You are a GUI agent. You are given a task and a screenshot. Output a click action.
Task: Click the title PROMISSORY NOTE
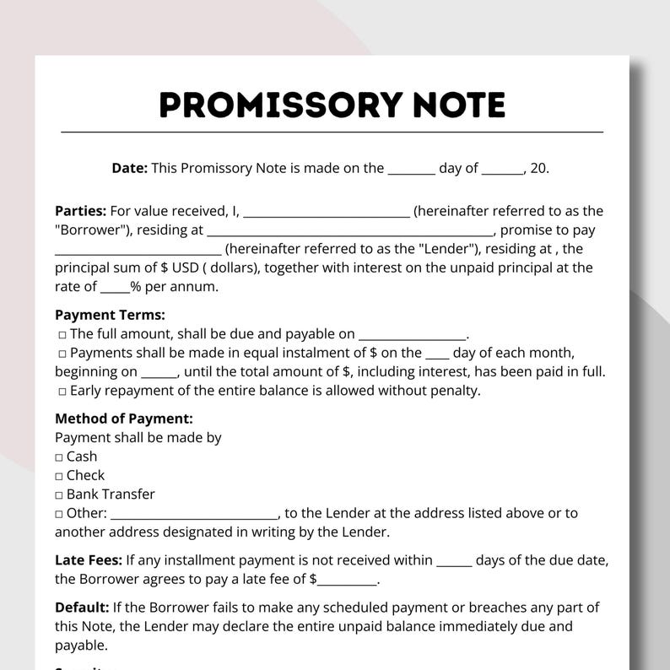[x=332, y=105]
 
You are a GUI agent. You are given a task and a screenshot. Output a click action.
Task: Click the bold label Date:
[x=129, y=168]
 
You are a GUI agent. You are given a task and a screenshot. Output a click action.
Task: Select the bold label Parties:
[x=80, y=211]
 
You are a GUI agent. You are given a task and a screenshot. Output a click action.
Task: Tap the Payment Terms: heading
[x=110, y=315]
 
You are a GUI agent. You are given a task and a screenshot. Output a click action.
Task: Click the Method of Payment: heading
[x=124, y=419]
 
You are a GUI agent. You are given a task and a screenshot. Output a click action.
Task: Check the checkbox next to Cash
[x=59, y=457]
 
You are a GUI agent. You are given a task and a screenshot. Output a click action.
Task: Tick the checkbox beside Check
[x=59, y=476]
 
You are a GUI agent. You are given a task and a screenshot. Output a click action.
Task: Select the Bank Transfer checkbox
[x=59, y=494]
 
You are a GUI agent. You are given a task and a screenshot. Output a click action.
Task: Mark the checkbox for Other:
[x=59, y=514]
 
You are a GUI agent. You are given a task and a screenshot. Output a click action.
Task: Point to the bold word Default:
[x=82, y=608]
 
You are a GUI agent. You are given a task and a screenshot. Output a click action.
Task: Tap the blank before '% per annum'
[x=115, y=288]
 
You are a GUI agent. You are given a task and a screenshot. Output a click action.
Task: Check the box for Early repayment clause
[x=62, y=391]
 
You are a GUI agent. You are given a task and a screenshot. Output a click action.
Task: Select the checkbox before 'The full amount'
[x=62, y=334]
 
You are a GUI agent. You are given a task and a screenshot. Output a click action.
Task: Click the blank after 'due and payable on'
[x=412, y=335]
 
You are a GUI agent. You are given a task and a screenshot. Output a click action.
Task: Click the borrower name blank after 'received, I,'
[x=326, y=213]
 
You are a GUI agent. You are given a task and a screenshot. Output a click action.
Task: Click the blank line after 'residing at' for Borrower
[x=349, y=231]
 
